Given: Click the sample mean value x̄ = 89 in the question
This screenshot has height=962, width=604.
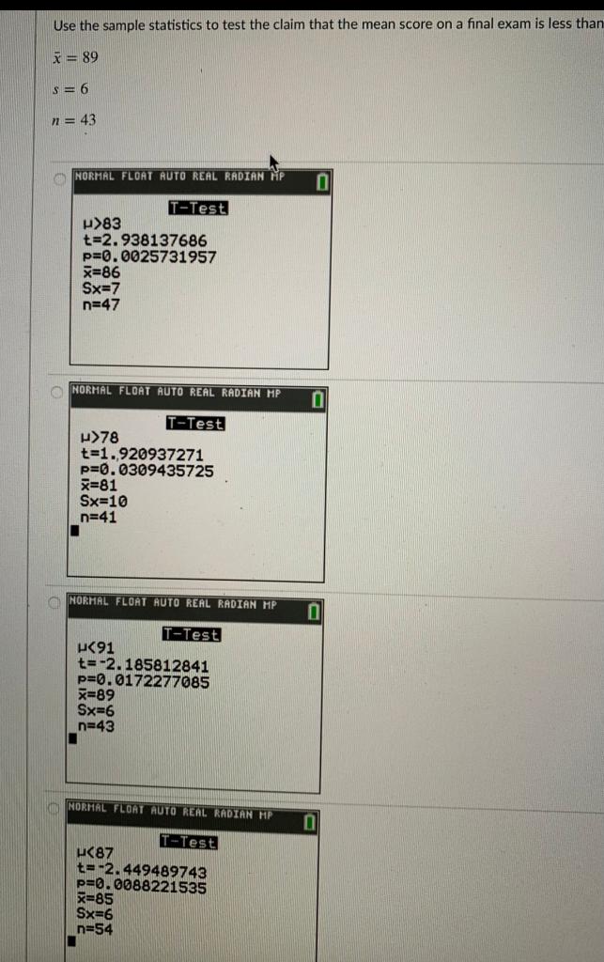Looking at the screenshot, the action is coord(76,57).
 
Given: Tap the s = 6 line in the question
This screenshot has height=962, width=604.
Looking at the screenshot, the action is coord(72,89).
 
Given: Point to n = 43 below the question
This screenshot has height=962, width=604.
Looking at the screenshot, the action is coord(74,120).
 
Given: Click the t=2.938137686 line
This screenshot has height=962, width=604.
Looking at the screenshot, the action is coord(145,240).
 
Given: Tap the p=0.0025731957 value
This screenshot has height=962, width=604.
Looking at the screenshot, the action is coord(149,256).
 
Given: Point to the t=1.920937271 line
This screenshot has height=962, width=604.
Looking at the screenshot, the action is coord(142,455).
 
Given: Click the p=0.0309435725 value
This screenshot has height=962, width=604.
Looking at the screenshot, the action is coord(147,470).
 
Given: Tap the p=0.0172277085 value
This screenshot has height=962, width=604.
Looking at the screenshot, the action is coord(143,681).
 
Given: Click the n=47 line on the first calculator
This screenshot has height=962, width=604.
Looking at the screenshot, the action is coord(101,304).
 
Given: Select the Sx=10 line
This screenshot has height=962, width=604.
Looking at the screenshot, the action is coord(104,501).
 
